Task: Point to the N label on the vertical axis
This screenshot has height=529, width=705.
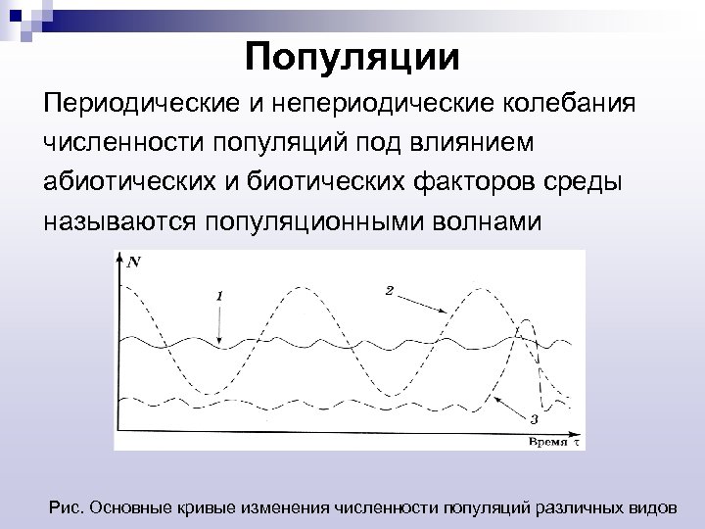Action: coord(133,262)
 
